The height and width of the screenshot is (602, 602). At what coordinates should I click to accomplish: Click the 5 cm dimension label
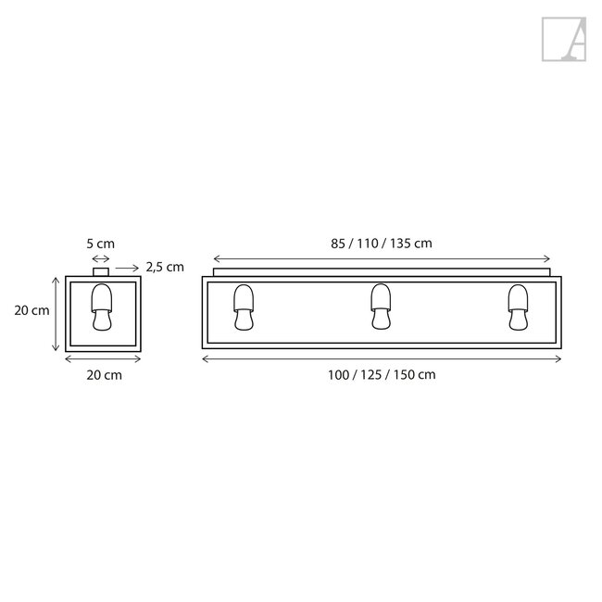101,244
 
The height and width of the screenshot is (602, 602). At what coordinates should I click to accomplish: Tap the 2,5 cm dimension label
165,267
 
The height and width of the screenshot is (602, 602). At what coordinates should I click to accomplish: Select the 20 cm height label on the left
32,311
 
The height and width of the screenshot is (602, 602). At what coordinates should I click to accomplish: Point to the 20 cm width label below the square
102,375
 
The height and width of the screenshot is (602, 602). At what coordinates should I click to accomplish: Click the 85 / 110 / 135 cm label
382,243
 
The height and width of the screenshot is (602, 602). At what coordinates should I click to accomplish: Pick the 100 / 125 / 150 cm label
382,375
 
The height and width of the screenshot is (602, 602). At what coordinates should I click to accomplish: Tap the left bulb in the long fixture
244,306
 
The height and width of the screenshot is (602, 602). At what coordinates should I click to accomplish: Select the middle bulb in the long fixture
381,306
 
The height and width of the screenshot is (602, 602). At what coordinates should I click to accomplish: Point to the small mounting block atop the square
101,271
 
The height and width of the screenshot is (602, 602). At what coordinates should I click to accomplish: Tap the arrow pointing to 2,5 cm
127,268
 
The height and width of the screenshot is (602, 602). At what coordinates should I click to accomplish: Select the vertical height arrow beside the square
56,315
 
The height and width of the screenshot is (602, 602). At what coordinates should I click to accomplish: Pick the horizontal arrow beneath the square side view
102,359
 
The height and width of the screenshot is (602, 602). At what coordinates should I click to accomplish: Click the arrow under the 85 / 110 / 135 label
382,259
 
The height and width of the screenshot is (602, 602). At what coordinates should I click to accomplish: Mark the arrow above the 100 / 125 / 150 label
382,358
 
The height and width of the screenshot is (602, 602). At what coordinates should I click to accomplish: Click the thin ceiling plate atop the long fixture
382,272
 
